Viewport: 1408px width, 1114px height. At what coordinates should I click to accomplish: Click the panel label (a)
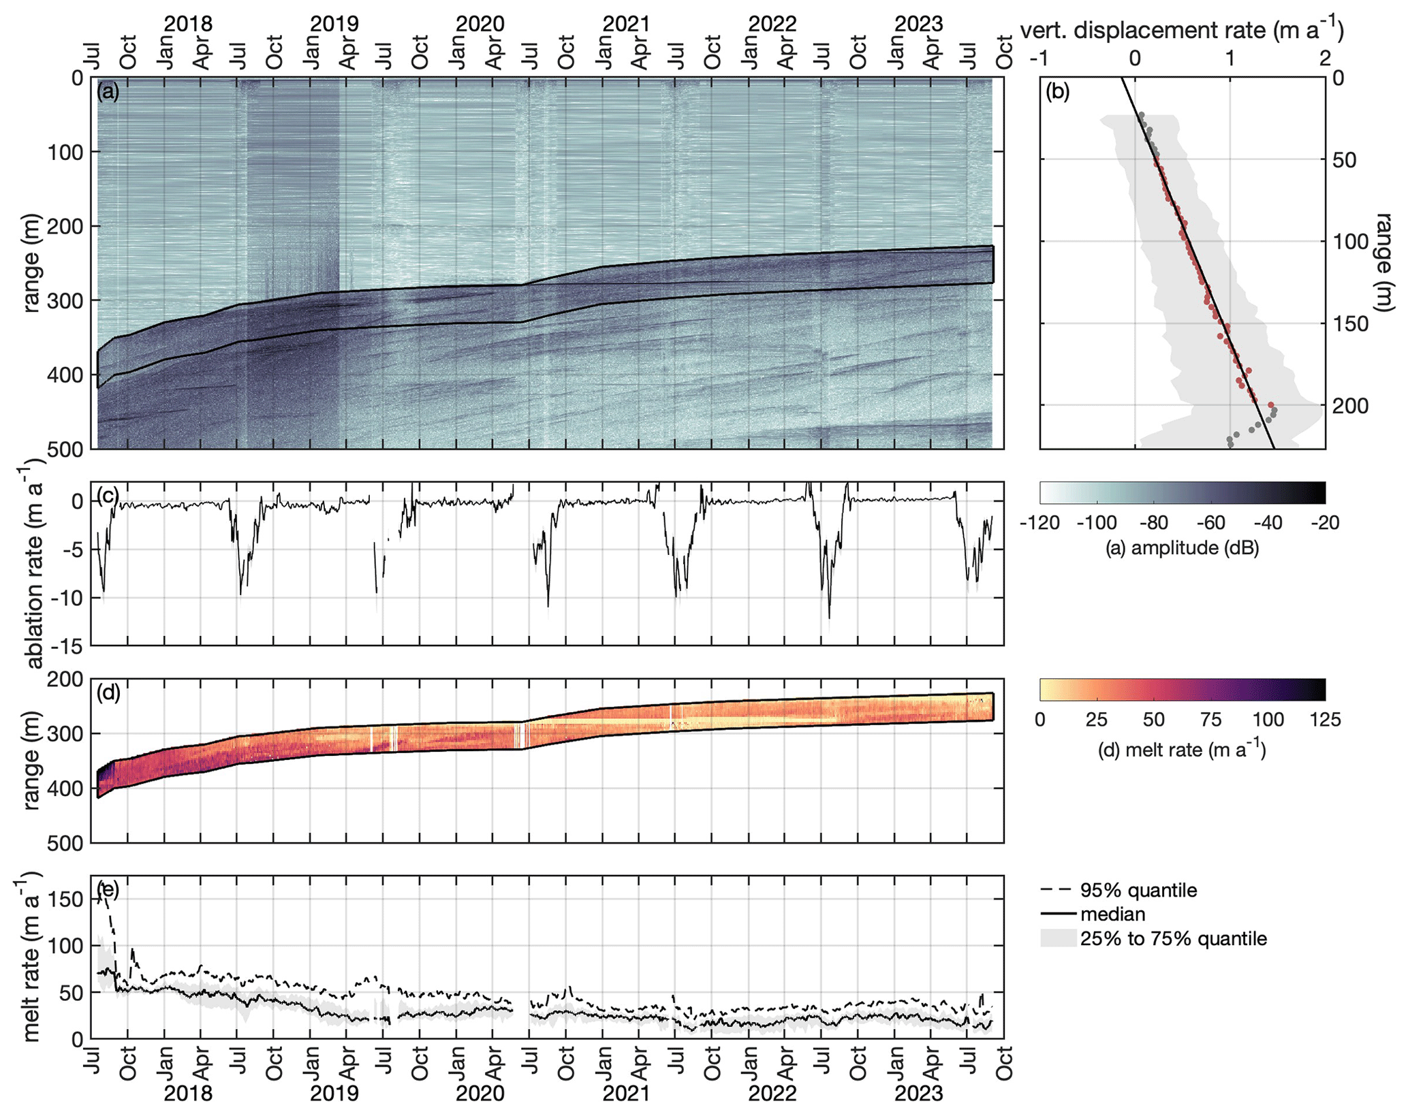coord(108,91)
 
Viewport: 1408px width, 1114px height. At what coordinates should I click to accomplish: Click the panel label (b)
coord(1057,91)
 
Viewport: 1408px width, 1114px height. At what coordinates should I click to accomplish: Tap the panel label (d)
coord(108,693)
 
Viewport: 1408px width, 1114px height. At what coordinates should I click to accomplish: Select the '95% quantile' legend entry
coord(1138,890)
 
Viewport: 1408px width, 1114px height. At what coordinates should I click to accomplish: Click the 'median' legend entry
coord(1112,914)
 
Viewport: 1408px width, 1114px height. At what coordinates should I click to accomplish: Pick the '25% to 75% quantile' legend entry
coord(1173,938)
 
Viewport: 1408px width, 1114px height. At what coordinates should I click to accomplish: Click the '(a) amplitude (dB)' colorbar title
coord(1182,547)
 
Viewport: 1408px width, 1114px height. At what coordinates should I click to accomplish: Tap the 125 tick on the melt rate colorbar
coord(1324,720)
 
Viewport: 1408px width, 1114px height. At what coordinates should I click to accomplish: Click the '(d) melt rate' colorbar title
coord(1182,750)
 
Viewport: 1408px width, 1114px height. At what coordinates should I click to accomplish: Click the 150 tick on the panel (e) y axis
coord(68,899)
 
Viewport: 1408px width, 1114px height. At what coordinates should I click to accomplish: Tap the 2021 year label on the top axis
coord(626,24)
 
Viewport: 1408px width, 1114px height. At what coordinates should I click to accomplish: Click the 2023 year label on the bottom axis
coord(918,1094)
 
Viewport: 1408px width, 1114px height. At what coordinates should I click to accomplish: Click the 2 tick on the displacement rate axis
coord(1325,59)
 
